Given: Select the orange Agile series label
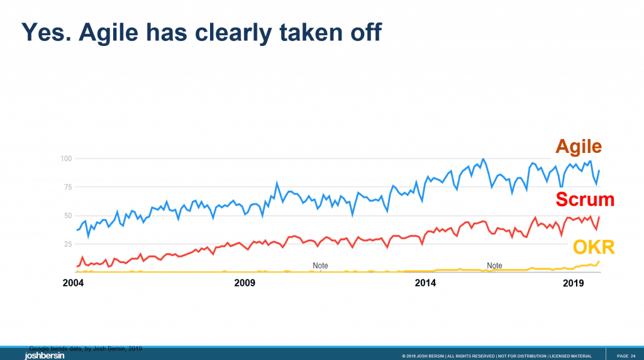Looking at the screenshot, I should [578, 147].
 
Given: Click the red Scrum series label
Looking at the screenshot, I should [584, 200].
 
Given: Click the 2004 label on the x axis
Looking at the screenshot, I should [74, 283].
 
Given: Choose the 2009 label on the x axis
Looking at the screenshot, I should [245, 283].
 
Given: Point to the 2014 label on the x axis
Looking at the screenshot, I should [425, 283].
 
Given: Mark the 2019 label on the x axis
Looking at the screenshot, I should [574, 283].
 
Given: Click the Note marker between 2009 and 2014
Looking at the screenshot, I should [320, 266].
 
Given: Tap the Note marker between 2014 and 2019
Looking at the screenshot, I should [494, 266].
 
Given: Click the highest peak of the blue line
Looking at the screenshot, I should [482, 159].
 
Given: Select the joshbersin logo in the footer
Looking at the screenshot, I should [44, 356].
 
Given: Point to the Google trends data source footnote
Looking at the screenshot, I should [89, 348].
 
